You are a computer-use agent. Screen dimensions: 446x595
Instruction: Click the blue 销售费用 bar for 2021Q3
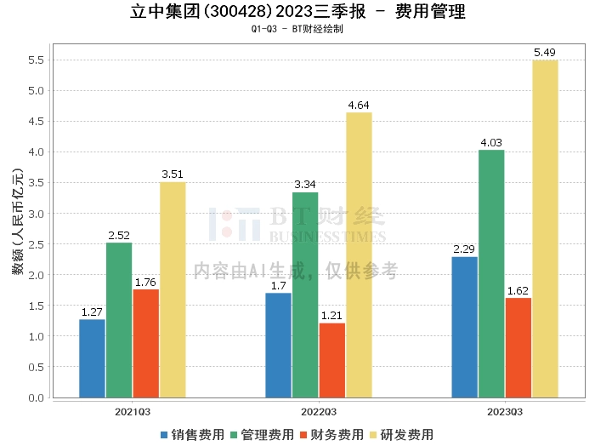(x=92, y=358)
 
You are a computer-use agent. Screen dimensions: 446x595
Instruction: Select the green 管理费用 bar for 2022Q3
(x=305, y=294)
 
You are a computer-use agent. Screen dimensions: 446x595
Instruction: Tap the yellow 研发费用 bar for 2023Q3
(x=545, y=228)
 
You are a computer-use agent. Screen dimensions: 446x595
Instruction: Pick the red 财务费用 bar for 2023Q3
(x=518, y=347)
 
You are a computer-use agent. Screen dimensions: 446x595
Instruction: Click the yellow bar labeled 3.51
(x=173, y=289)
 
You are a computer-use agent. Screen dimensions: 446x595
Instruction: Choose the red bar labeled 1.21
(x=331, y=360)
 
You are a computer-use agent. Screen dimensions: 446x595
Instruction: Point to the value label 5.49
(x=545, y=53)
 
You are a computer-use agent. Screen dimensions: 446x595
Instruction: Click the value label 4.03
(x=491, y=143)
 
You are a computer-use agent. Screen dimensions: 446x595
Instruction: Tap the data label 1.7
(x=278, y=286)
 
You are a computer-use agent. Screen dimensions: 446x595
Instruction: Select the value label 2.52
(x=119, y=236)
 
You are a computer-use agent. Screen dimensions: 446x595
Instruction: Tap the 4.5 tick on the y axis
(x=37, y=122)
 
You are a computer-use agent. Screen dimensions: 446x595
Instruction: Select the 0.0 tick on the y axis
(x=37, y=397)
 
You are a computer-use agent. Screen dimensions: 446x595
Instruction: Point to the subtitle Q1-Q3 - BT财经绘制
(x=297, y=29)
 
